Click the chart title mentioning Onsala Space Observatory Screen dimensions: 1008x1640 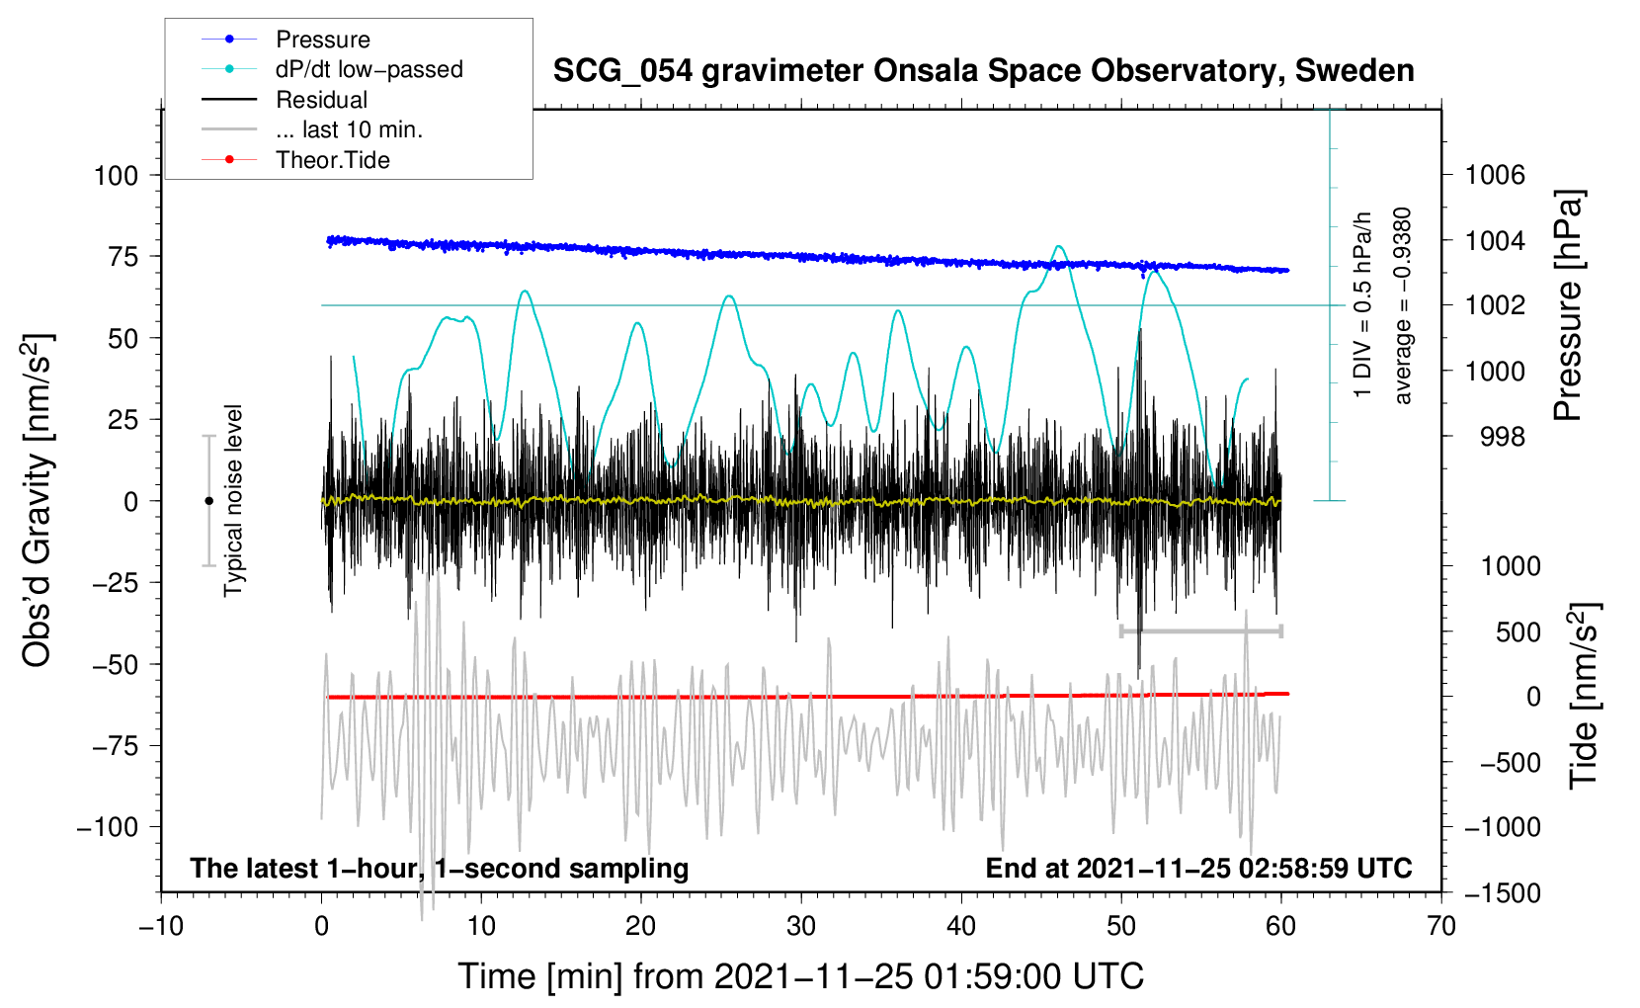pyautogui.click(x=983, y=71)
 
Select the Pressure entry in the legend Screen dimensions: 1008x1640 pyautogui.click(x=322, y=40)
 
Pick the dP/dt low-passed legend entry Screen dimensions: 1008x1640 pyautogui.click(x=369, y=69)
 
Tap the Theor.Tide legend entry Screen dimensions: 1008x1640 pyautogui.click(x=332, y=160)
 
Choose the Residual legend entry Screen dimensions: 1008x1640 pyautogui.click(x=321, y=100)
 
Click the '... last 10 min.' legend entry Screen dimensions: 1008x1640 pyautogui.click(x=349, y=129)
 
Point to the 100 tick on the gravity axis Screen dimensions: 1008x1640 pyautogui.click(x=116, y=176)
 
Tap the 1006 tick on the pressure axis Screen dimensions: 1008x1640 pyautogui.click(x=1495, y=176)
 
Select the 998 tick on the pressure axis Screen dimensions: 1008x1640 pyautogui.click(x=1502, y=437)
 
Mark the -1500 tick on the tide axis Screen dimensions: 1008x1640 pyautogui.click(x=1503, y=893)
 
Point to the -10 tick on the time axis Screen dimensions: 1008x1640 pyautogui.click(x=161, y=927)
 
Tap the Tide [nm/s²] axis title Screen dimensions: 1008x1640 pyautogui.click(x=1583, y=696)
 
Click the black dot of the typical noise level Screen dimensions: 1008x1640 pyautogui.click(x=208, y=501)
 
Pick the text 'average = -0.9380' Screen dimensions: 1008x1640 pyautogui.click(x=1403, y=305)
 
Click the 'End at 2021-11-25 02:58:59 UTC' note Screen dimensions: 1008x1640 pyautogui.click(x=1198, y=869)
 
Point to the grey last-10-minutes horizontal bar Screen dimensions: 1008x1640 pyautogui.click(x=1200, y=630)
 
